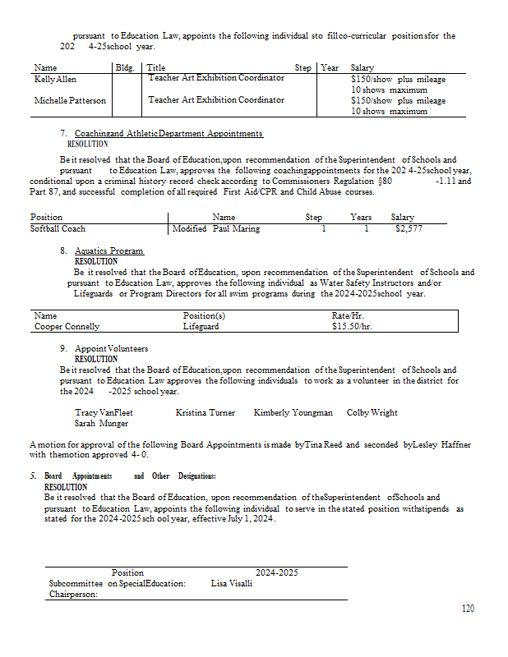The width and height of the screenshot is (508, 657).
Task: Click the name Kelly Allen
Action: [55, 79]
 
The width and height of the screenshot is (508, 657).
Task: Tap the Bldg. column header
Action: [124, 67]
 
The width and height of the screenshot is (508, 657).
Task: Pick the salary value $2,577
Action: [409, 229]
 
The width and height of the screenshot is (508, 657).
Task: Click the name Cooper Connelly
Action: [68, 326]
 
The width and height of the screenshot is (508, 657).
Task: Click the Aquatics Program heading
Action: [109, 250]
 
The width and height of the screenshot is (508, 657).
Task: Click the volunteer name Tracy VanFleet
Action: [104, 412]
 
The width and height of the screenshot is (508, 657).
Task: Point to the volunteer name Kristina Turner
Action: [205, 412]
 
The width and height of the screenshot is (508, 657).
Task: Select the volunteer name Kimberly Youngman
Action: [293, 412]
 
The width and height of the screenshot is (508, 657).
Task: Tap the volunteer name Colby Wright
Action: [372, 412]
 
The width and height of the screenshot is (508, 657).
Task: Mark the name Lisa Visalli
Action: [232, 584]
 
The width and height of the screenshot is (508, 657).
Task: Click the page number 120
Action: [468, 609]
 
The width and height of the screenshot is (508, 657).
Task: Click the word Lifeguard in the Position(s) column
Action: [201, 326]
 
